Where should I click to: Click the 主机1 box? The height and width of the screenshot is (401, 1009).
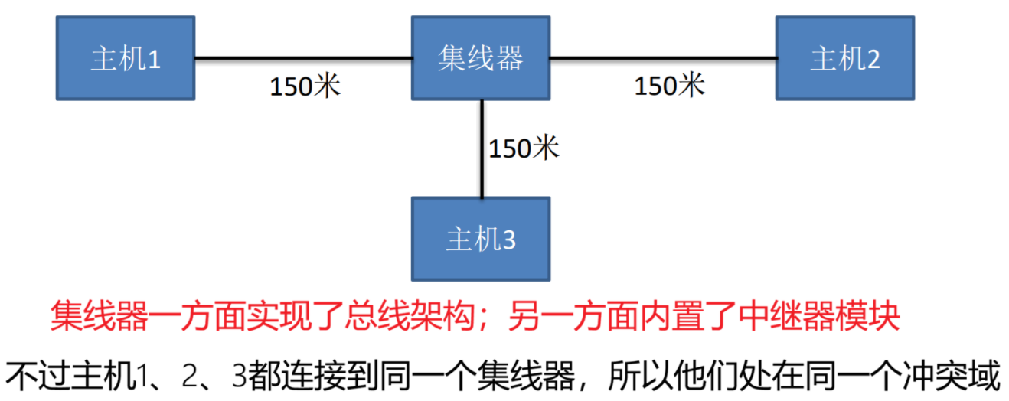[126, 57]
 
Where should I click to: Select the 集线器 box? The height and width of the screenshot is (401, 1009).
[480, 57]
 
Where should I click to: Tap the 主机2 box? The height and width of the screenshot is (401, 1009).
[844, 57]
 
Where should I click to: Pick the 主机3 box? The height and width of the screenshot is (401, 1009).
[480, 239]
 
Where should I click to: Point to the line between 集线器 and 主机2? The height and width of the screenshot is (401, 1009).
[662, 57]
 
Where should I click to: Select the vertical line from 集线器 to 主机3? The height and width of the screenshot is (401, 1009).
[482, 148]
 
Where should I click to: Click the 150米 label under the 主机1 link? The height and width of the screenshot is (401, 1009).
[305, 86]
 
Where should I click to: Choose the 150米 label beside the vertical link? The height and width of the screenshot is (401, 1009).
[524, 148]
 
